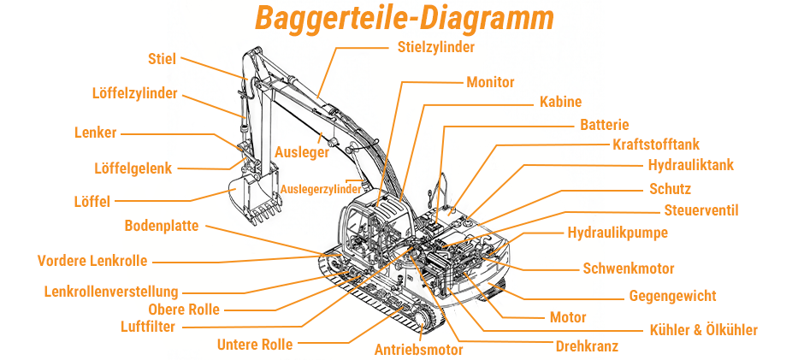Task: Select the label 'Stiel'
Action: [x=162, y=59]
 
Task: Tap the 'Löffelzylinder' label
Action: [x=135, y=93]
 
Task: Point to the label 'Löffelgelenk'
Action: [x=133, y=168]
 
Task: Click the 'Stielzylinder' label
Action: [x=436, y=47]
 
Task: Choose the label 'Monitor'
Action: [x=490, y=82]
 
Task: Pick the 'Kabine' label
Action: [x=560, y=102]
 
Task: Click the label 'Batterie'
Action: [x=604, y=125]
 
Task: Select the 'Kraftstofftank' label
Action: [x=656, y=145]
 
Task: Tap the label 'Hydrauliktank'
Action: [x=690, y=165]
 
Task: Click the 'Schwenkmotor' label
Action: [x=629, y=269]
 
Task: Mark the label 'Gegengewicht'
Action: [x=672, y=297]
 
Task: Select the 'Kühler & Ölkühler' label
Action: [x=703, y=330]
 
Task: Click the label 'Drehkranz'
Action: [x=587, y=346]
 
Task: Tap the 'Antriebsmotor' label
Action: [x=418, y=349]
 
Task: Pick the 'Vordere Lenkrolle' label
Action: [x=92, y=261]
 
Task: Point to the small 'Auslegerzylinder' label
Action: [x=320, y=188]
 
